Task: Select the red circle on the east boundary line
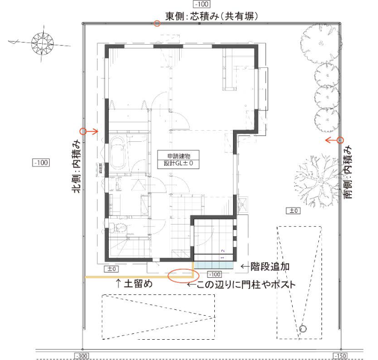pyautogui.click(x=157, y=23)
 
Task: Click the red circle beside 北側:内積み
pyautogui.click(x=83, y=131)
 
